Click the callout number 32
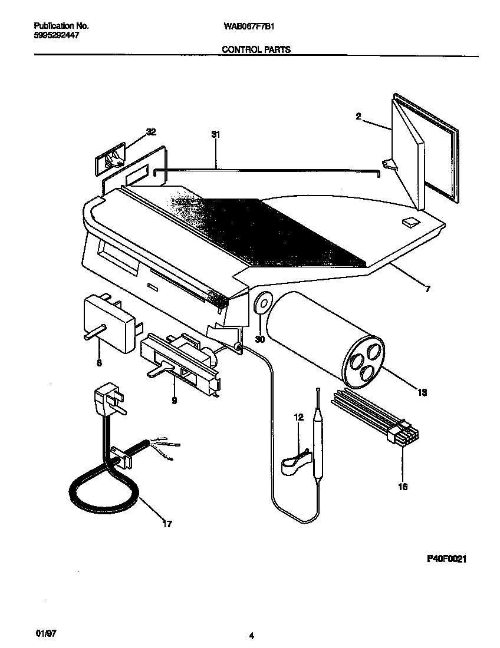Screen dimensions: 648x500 click(151, 133)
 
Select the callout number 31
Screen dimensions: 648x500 click(215, 135)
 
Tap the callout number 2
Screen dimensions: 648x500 click(358, 117)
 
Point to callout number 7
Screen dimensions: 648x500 click(427, 289)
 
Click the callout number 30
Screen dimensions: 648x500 click(260, 339)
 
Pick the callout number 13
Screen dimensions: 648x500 click(422, 392)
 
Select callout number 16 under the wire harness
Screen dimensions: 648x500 click(403, 486)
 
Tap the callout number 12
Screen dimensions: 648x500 click(298, 417)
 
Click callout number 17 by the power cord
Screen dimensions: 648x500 click(167, 523)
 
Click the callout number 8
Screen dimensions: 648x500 click(99, 363)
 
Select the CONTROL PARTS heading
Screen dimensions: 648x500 click(256, 50)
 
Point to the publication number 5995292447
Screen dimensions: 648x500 click(54, 35)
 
